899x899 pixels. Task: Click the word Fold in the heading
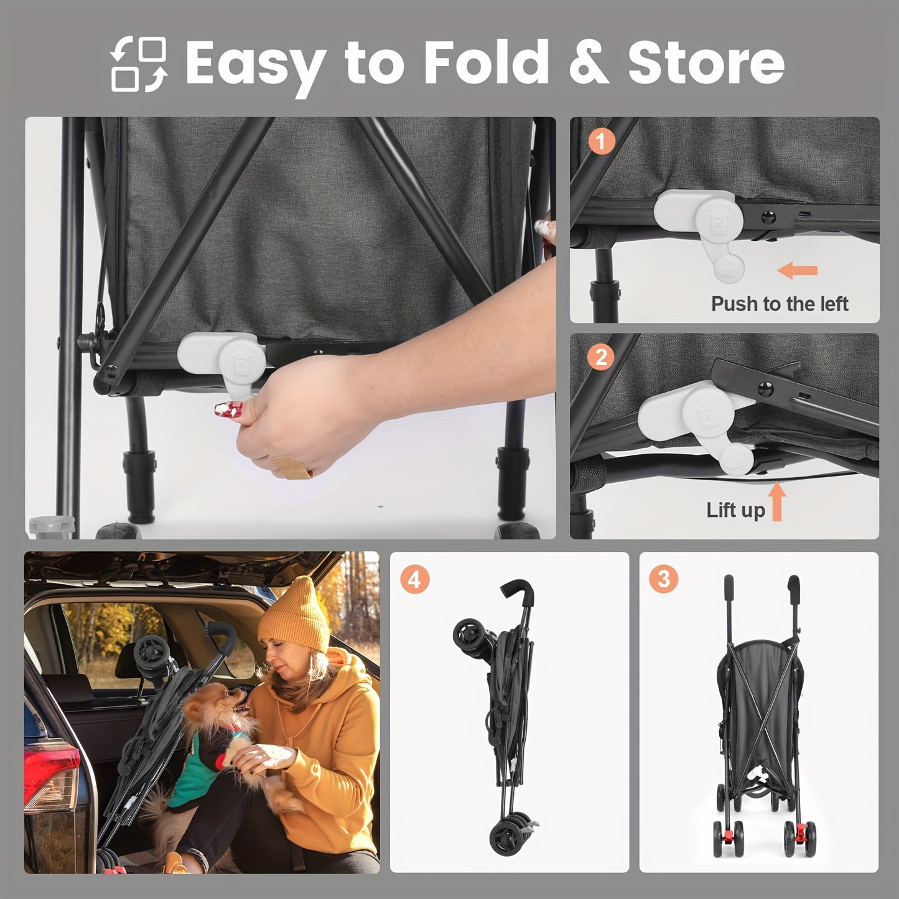pyautogui.click(x=486, y=62)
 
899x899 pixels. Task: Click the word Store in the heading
pyautogui.click(x=706, y=62)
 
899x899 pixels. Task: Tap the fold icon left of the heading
pyautogui.click(x=139, y=64)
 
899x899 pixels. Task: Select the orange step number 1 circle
pyautogui.click(x=600, y=142)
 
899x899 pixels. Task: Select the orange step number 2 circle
pyautogui.click(x=600, y=357)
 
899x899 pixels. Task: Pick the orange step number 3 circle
pyautogui.click(x=664, y=579)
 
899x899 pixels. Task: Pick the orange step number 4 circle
pyautogui.click(x=414, y=580)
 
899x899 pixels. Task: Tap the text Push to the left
pyautogui.click(x=780, y=304)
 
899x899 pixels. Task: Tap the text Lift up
pyautogui.click(x=735, y=510)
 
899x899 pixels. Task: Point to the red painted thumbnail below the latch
pyautogui.click(x=228, y=409)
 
